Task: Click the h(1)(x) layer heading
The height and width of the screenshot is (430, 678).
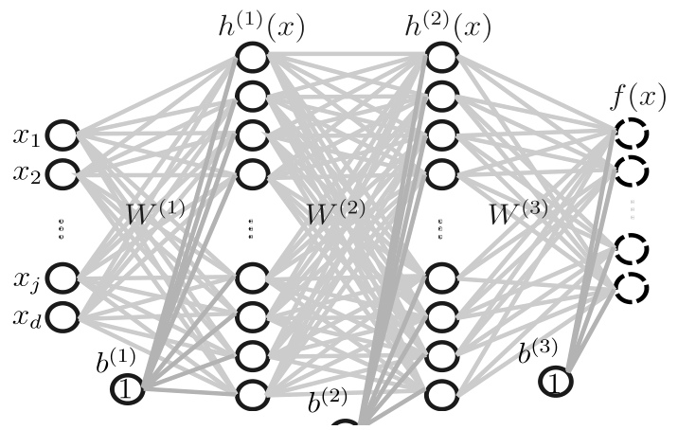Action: click(261, 26)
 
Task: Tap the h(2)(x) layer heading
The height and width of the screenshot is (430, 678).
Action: click(449, 26)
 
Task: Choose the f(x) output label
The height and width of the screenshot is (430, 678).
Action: click(638, 97)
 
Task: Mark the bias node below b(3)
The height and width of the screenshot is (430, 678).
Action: click(541, 382)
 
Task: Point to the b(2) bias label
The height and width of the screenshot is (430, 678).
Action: click(328, 400)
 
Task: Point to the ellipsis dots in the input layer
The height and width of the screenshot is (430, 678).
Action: click(62, 228)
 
